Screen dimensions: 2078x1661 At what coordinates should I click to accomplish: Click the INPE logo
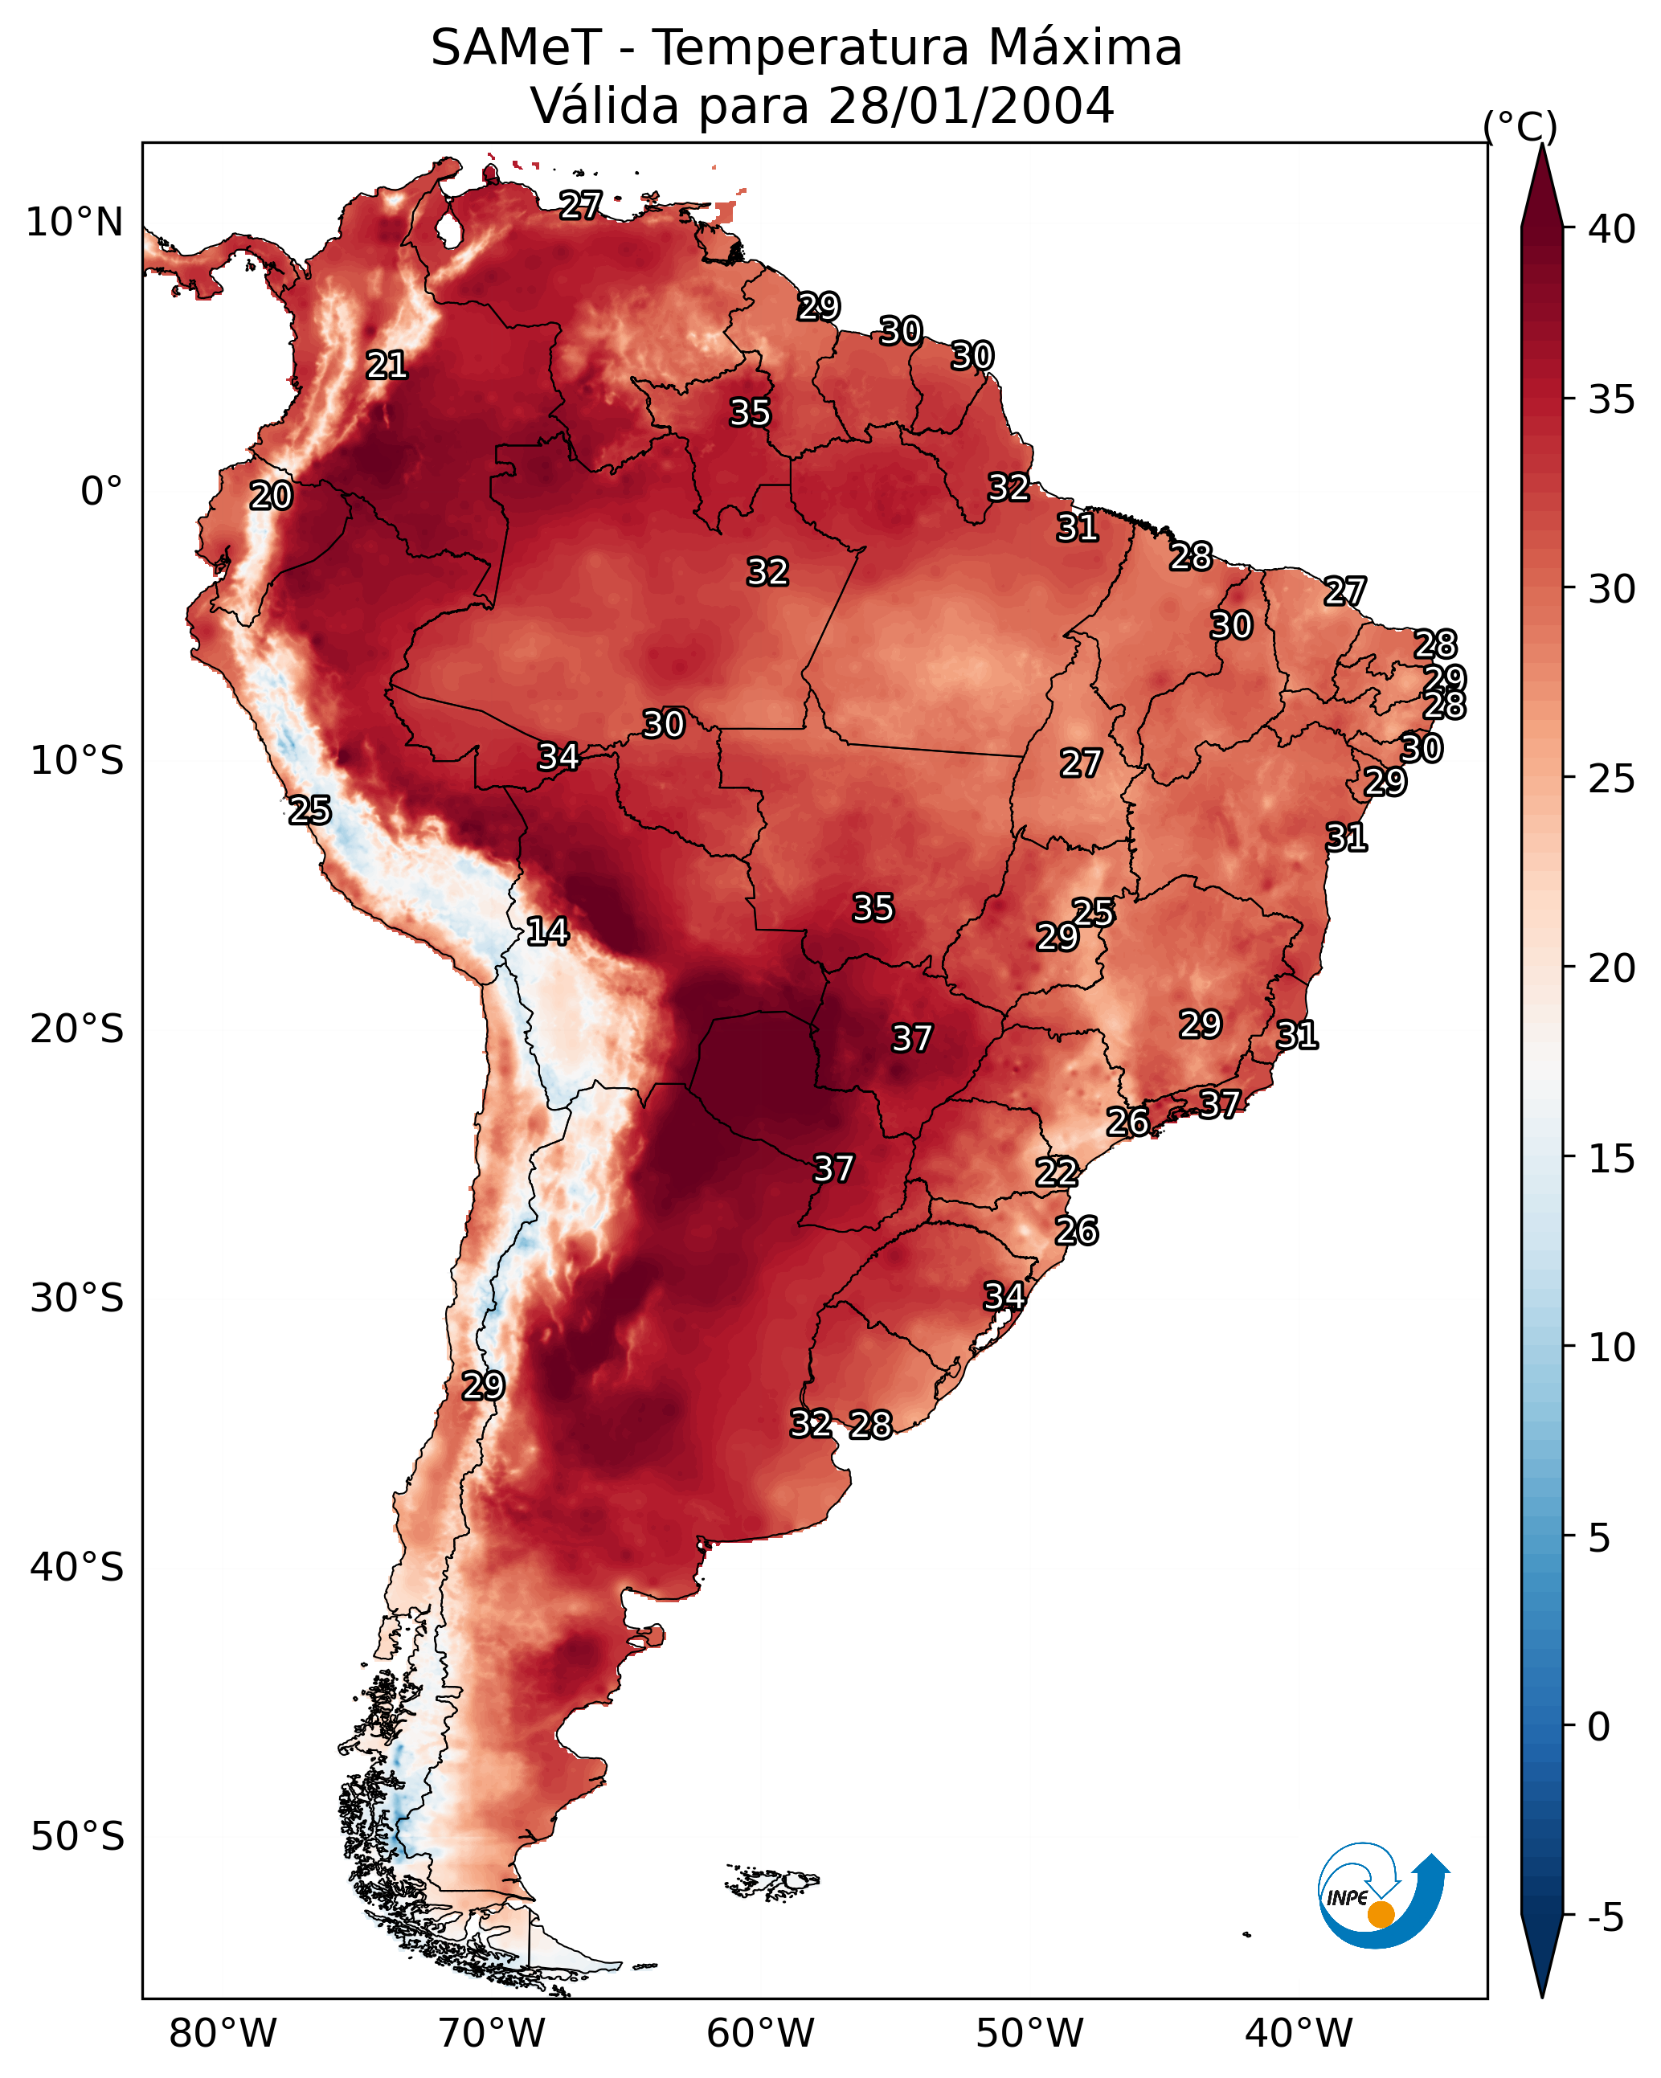click(1381, 1898)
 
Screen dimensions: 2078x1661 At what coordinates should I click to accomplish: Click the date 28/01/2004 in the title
click(970, 105)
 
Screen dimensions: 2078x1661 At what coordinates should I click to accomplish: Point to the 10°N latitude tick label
click(74, 223)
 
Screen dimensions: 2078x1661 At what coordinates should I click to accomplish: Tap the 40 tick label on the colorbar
click(1612, 229)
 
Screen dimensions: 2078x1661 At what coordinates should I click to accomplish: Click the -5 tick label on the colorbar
click(1605, 1918)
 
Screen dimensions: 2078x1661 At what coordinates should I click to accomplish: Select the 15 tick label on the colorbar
click(1612, 1159)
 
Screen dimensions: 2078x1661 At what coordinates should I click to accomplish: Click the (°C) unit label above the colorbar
click(1520, 126)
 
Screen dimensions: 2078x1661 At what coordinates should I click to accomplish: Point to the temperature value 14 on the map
click(547, 931)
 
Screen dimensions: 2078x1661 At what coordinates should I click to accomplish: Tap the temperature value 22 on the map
click(1057, 1172)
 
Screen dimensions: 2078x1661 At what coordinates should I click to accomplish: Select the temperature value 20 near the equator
click(271, 497)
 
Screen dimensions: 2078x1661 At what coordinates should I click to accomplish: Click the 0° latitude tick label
click(101, 492)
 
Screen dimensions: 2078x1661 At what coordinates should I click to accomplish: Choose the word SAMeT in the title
click(516, 47)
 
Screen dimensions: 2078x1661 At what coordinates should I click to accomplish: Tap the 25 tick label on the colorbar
click(1612, 778)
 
